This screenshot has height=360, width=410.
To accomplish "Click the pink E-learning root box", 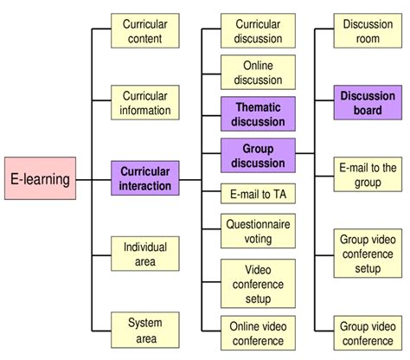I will coord(38,180).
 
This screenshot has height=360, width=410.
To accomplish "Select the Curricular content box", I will coord(145,31).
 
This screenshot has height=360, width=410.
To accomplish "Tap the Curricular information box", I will coord(145,102).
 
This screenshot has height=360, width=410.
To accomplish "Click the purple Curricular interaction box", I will coord(145,178).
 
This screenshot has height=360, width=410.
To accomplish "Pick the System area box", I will coord(145,330).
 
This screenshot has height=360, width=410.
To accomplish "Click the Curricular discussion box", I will coord(258,31).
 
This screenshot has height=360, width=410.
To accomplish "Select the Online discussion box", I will coord(258,73).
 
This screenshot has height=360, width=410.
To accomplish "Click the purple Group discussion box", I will coord(258,155).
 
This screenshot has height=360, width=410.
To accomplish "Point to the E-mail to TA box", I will coord(258,194).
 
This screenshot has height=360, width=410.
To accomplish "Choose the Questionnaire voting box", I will coord(258,231).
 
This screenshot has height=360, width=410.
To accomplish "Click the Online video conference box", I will coord(258,331).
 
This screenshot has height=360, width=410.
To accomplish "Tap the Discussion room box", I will coord(368,31).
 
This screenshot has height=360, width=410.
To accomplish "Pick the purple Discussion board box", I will coord(368,102).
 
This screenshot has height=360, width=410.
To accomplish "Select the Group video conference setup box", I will coord(368,253).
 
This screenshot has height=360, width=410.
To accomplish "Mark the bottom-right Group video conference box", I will coord(368,331).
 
